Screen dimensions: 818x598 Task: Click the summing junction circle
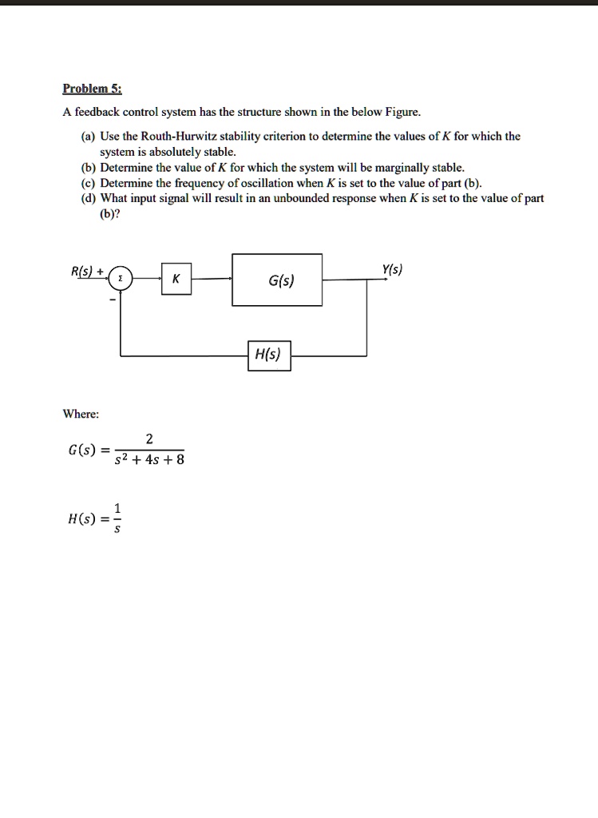tap(121, 278)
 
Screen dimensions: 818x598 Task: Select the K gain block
tap(176, 279)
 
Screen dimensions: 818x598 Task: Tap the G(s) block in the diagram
tap(277, 280)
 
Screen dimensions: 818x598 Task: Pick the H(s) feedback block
tap(268, 355)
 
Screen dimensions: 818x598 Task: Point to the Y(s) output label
tap(392, 269)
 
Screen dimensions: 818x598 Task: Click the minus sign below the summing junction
tap(112, 300)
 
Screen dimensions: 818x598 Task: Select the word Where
tap(81, 414)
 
